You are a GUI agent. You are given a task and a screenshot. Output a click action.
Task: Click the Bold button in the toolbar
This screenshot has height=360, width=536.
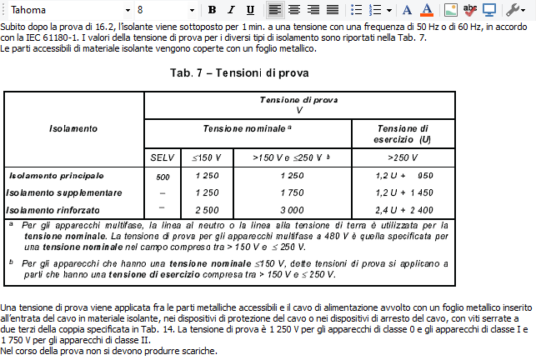(212, 10)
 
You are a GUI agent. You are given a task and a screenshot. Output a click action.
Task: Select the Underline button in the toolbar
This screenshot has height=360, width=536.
(251, 10)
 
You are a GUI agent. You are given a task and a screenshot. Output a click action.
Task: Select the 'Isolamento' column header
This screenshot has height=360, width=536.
(73, 128)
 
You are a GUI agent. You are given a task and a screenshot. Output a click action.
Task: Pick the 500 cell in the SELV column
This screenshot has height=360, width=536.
(163, 177)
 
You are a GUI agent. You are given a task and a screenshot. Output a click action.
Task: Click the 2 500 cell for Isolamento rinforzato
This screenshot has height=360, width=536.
(207, 209)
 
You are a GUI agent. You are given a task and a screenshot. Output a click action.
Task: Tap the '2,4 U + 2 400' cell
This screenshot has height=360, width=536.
(404, 209)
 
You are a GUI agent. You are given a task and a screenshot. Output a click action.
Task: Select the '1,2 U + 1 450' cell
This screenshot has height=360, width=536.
(404, 192)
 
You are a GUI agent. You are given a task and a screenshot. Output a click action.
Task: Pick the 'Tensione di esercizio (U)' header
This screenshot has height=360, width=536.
(403, 133)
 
